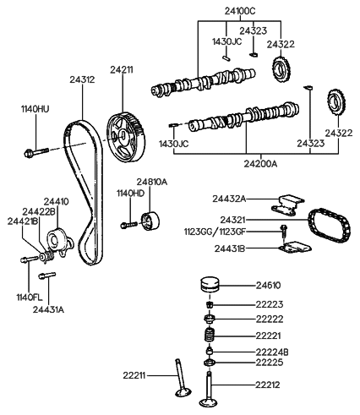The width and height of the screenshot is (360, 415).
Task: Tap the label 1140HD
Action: pyautogui.click(x=131, y=194)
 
